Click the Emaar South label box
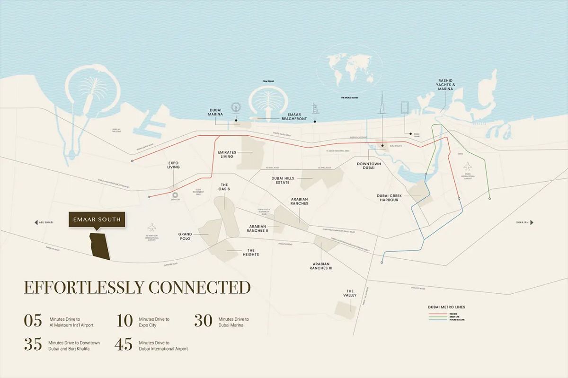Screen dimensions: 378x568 [x=97, y=220]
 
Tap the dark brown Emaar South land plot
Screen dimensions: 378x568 [x=100, y=246]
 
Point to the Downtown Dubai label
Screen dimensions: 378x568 [x=369, y=166]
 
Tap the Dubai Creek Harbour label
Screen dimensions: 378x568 [x=387, y=198]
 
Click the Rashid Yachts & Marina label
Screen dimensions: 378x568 [x=445, y=84]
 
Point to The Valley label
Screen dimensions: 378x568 [x=350, y=294]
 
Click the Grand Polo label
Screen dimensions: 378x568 [x=185, y=236]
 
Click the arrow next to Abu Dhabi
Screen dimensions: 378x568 [x=36, y=222]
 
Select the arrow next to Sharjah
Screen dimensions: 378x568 [x=532, y=222]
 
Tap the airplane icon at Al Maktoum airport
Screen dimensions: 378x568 [x=151, y=227]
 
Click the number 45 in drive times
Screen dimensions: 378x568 [x=123, y=345]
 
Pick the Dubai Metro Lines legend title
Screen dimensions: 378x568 [x=446, y=307]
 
